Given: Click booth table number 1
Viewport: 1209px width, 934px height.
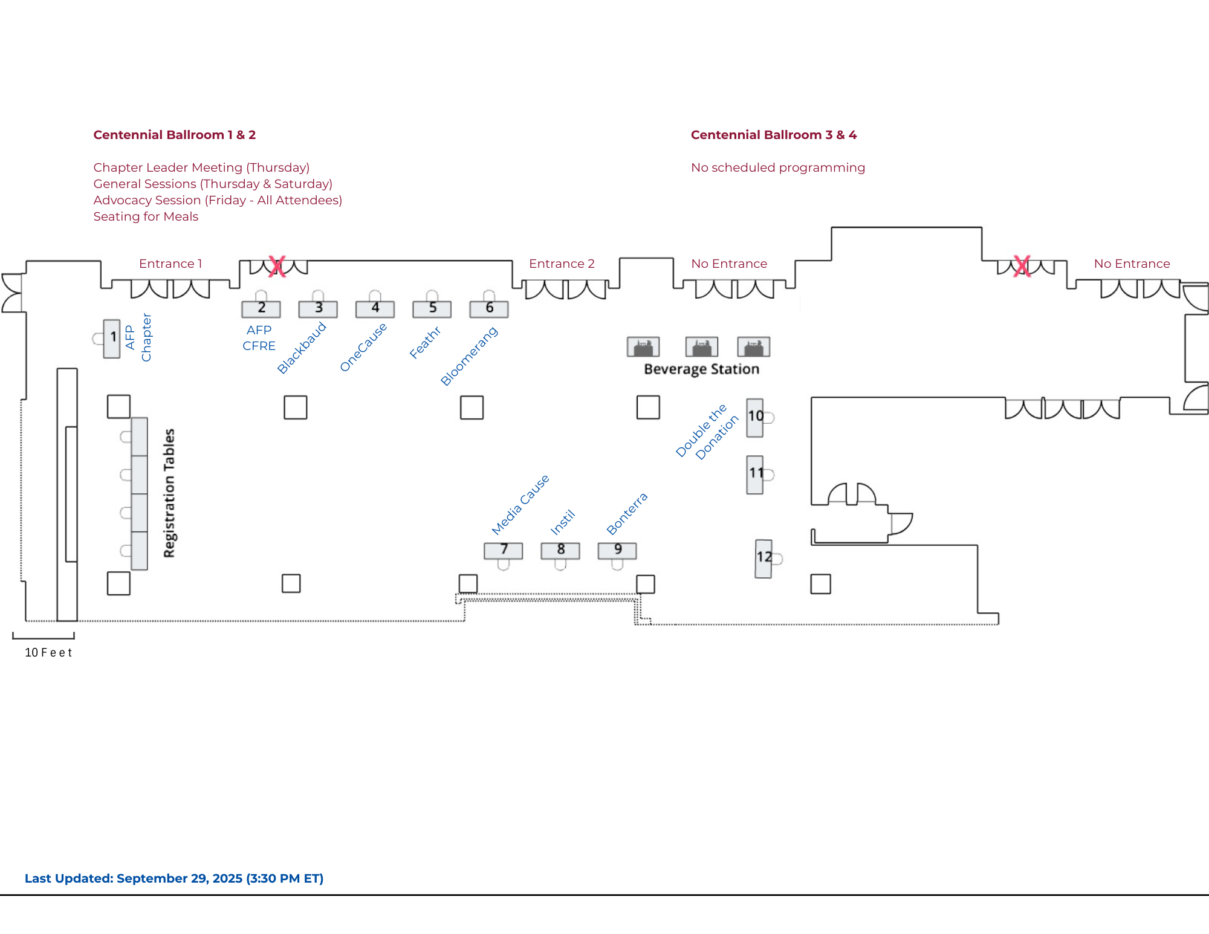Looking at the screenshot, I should click(x=112, y=339).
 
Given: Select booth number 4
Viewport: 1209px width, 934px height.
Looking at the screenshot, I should click(x=375, y=309).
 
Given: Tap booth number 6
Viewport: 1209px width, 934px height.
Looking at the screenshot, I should click(x=489, y=309).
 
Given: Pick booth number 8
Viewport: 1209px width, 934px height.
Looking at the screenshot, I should click(x=560, y=550).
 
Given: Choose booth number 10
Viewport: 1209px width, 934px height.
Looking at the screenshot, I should click(x=755, y=417).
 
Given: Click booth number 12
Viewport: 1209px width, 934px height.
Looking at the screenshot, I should click(x=763, y=558).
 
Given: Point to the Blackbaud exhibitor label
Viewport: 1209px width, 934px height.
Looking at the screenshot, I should click(x=302, y=348).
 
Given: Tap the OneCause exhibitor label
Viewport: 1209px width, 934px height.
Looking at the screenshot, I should click(x=363, y=348).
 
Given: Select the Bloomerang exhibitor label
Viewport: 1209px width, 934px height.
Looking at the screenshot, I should click(x=469, y=356).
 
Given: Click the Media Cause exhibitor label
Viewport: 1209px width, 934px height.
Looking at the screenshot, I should click(x=520, y=505).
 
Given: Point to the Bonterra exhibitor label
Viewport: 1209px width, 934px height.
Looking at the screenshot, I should click(x=627, y=514).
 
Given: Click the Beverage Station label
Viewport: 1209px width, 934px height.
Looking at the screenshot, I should click(x=701, y=369).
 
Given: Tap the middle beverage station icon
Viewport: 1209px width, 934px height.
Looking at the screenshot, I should click(x=702, y=347).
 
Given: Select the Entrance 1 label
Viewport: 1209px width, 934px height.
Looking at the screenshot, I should click(x=170, y=264).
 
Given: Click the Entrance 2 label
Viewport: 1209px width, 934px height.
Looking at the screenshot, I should click(x=562, y=264).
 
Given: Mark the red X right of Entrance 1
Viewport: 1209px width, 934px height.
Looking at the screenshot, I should click(x=277, y=266).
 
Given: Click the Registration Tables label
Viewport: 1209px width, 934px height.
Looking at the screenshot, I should click(x=169, y=493).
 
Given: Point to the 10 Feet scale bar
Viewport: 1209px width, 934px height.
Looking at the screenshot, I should click(x=44, y=637).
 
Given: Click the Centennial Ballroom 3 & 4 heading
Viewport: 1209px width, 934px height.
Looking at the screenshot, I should click(x=774, y=135).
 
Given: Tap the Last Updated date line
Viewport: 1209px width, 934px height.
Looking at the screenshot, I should click(x=174, y=878).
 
